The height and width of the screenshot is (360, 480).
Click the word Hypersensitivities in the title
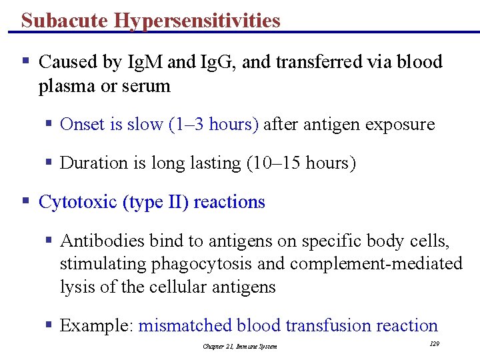pos(197,21)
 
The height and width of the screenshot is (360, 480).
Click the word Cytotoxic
pos(78,202)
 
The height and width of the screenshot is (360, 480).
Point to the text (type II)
pos(156,202)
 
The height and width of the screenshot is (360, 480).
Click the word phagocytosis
pos(203,264)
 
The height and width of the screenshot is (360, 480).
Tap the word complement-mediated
pos(376,264)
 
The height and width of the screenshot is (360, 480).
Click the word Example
pos(96,325)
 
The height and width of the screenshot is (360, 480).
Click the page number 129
pos(435,343)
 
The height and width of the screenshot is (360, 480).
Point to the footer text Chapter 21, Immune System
pos(240,346)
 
